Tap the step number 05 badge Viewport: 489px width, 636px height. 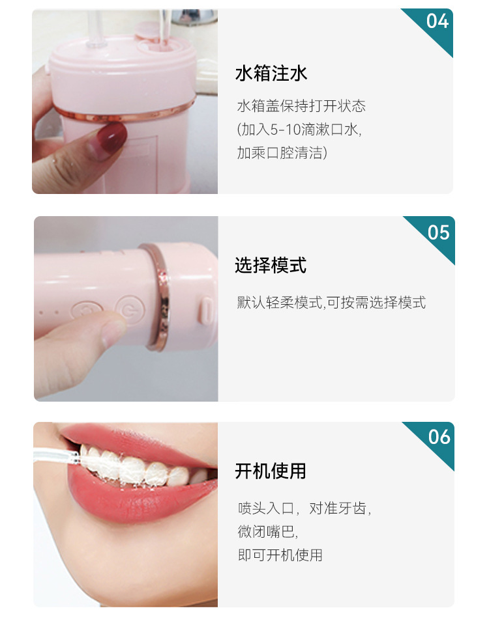click(438, 232)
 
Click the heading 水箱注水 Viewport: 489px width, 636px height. click(271, 74)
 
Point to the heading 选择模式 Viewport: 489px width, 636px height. click(271, 266)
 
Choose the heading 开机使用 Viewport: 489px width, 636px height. click(271, 471)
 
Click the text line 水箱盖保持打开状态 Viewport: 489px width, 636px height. click(301, 106)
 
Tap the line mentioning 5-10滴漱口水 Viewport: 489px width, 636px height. click(299, 130)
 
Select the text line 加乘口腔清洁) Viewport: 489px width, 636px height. click(282, 153)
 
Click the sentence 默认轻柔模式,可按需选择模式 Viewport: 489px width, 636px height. click(331, 303)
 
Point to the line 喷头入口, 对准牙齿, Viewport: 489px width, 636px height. click(304, 508)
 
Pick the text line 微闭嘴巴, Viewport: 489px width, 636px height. click(267, 531)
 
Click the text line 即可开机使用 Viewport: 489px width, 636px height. click(280, 555)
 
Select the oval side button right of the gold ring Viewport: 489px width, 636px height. click(205, 311)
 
